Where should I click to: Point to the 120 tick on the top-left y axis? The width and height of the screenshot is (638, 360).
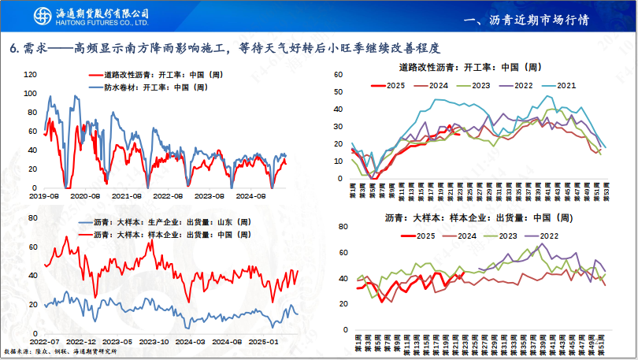pyautogui.click(x=31, y=74)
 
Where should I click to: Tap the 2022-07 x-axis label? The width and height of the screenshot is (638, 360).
pyautogui.click(x=43, y=341)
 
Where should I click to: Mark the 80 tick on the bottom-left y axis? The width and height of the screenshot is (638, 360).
pyautogui.click(x=31, y=218)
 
